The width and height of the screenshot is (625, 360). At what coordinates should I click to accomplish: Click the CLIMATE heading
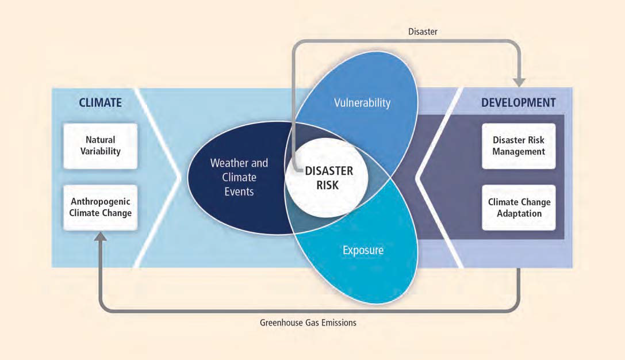100,102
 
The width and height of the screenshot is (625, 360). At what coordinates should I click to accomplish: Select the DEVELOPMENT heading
518,102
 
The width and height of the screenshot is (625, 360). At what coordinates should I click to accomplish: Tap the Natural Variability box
101,146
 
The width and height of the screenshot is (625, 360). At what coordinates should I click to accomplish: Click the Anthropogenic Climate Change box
101,207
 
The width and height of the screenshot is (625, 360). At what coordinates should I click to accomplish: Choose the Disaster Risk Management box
519,146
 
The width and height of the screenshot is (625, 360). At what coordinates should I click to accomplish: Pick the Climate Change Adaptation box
519,207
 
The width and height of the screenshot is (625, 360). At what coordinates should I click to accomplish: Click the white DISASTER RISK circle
327,178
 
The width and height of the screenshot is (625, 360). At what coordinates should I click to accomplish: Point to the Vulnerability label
362,102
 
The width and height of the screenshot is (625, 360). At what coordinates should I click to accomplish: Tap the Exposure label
363,250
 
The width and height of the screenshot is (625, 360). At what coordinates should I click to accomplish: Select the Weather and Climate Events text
239,177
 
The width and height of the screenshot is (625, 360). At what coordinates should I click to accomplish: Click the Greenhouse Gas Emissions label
308,323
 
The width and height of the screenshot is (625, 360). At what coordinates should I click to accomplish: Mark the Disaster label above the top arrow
423,32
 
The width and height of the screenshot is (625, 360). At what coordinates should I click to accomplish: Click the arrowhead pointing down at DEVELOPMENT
519,82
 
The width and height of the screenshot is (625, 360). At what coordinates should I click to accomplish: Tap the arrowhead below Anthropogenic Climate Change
101,237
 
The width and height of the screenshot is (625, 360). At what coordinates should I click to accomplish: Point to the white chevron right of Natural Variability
158,178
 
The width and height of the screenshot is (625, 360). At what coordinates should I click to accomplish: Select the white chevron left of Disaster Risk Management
439,178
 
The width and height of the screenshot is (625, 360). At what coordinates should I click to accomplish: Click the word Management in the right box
519,152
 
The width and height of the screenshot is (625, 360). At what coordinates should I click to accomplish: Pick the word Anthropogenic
101,202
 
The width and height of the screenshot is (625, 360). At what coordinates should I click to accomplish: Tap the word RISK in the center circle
327,185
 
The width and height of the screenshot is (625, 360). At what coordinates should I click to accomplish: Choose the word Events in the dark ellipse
239,192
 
